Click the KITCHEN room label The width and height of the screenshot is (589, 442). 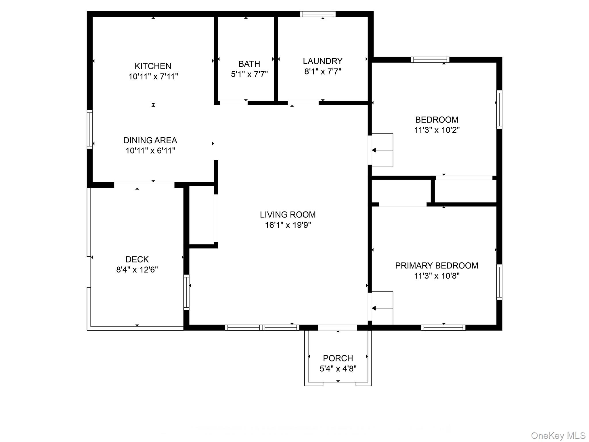pyautogui.click(x=153, y=66)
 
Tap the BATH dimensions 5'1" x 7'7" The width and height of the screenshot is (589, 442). pyautogui.click(x=249, y=74)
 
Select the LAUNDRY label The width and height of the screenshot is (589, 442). pyautogui.click(x=322, y=61)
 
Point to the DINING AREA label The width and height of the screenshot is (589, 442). pyautogui.click(x=150, y=140)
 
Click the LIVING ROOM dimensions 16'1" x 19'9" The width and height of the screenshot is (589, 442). pyautogui.click(x=288, y=225)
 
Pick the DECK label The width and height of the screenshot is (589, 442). pyautogui.click(x=137, y=259)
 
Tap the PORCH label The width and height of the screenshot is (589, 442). pyautogui.click(x=338, y=358)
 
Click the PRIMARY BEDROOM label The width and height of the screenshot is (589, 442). pyautogui.click(x=436, y=266)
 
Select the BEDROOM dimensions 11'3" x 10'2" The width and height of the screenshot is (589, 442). pyautogui.click(x=437, y=130)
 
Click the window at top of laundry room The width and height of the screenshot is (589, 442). pyautogui.click(x=318, y=14)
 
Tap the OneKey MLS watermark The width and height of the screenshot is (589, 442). pyautogui.click(x=558, y=436)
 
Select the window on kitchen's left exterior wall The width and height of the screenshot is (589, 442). pyautogui.click(x=90, y=129)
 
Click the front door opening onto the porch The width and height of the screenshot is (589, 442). pyautogui.click(x=337, y=327)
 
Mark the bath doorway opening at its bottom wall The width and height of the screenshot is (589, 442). pyautogui.click(x=234, y=103)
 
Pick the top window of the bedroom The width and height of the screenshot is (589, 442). pyautogui.click(x=430, y=60)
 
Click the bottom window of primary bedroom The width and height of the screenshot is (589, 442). pyautogui.click(x=443, y=327)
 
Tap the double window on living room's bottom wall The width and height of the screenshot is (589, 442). pyautogui.click(x=262, y=327)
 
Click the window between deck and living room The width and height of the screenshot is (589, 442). pyautogui.click(x=186, y=292)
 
